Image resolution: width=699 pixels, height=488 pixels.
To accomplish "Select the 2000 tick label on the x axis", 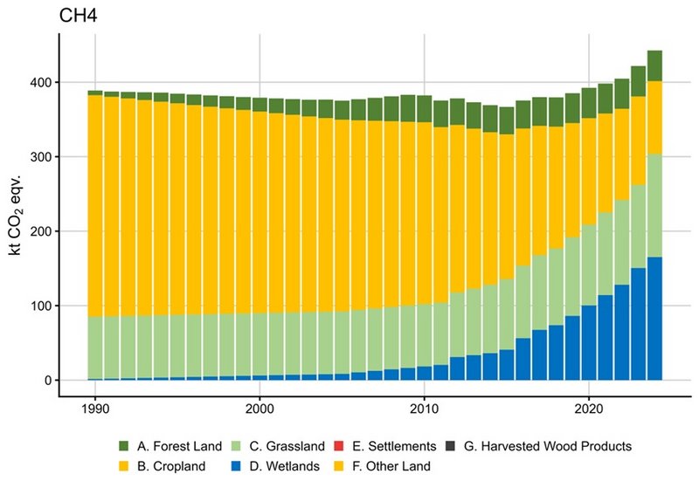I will tap(260, 408).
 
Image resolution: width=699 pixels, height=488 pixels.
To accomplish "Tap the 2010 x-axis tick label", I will tap(425, 408).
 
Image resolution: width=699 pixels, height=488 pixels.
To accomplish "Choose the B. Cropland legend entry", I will tap(153, 465).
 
